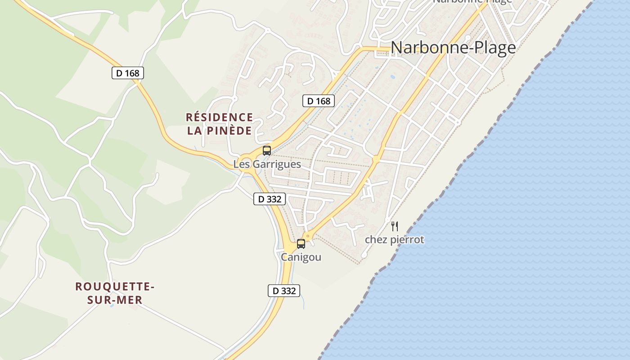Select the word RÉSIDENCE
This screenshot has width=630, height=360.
coord(220,117)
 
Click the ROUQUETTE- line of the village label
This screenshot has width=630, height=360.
coord(115,287)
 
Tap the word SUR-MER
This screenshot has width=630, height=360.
coord(115,300)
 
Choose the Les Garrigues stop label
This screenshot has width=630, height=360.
coord(267,164)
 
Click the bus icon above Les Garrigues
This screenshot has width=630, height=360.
coord(267,151)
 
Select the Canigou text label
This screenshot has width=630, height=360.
coord(301,257)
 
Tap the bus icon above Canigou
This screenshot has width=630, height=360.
coord(301,244)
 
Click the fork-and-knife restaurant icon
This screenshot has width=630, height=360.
coord(395,226)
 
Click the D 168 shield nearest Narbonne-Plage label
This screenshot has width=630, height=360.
coord(319,101)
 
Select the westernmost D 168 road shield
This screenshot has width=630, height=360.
coord(128,73)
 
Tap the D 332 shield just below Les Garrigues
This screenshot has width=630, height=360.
coord(270,199)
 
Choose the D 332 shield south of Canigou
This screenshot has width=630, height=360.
coord(284,291)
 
